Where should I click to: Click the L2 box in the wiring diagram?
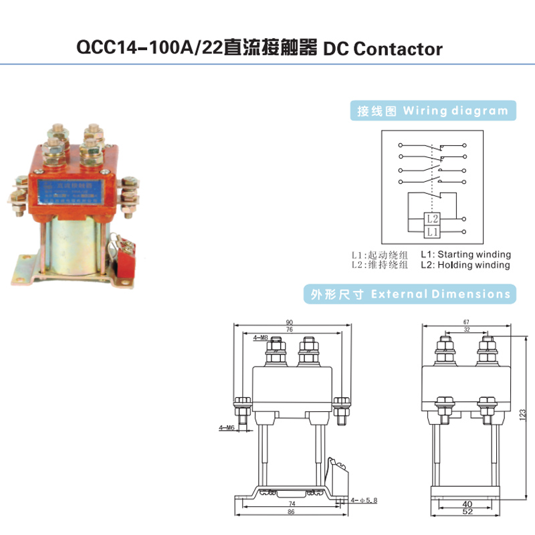(432, 219)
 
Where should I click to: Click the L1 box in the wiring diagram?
(432, 231)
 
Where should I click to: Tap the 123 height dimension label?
(522, 414)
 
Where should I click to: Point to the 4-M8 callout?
(261, 339)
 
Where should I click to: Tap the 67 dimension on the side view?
(465, 322)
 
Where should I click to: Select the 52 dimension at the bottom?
(465, 512)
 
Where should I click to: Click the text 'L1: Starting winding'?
(465, 255)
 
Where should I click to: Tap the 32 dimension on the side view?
(465, 330)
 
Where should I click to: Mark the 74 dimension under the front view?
(292, 504)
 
